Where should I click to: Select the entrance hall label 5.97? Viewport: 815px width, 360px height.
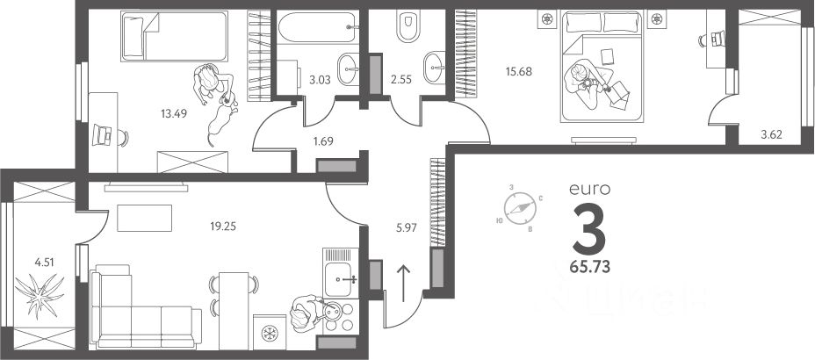406,227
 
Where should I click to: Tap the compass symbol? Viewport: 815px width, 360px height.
518,209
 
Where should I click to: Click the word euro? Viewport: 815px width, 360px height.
589,188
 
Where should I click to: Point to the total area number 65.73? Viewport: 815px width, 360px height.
589,262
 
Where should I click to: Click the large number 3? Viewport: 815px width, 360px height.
589,226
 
